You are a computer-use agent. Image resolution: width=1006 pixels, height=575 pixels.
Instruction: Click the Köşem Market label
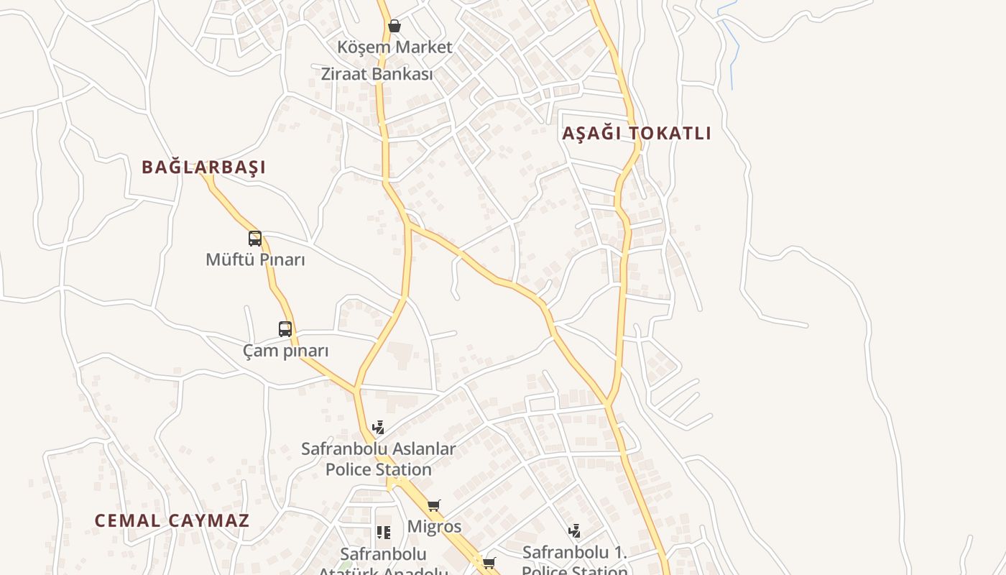pyautogui.click(x=394, y=47)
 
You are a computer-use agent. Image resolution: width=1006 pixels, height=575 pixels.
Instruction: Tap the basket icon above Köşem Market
pyautogui.click(x=394, y=27)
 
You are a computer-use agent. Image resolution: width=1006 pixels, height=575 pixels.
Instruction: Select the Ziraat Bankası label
pyautogui.click(x=377, y=74)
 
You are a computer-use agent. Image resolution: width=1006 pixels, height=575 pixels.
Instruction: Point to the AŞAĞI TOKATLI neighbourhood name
pyautogui.click(x=637, y=134)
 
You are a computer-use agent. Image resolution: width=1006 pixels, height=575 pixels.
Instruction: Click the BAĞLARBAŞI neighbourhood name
pyautogui.click(x=203, y=167)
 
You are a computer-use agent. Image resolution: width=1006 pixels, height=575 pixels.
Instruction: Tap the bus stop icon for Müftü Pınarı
pyautogui.click(x=255, y=239)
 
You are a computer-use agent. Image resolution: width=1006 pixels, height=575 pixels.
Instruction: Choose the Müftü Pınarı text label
pyautogui.click(x=255, y=259)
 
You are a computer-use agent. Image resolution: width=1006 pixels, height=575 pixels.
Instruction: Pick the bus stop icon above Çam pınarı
pyautogui.click(x=285, y=329)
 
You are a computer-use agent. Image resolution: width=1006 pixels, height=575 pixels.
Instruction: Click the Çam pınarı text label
pyautogui.click(x=285, y=351)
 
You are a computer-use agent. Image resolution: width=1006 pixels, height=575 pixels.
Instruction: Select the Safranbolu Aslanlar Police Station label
pyautogui.click(x=378, y=459)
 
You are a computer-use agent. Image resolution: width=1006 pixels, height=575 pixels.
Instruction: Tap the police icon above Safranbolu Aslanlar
pyautogui.click(x=378, y=428)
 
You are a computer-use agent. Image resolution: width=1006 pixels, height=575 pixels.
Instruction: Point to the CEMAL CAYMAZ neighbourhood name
pyautogui.click(x=172, y=521)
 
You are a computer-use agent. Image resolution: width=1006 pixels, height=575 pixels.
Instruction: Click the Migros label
pyautogui.click(x=434, y=526)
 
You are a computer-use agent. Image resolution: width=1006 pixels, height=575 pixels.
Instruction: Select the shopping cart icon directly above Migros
pyautogui.click(x=433, y=506)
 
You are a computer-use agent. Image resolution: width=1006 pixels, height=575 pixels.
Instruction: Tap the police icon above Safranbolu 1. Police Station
pyautogui.click(x=574, y=531)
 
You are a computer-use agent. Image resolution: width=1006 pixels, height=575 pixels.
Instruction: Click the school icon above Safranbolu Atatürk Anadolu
pyautogui.click(x=384, y=533)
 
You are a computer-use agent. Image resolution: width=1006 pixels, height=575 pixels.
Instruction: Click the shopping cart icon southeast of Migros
pyautogui.click(x=489, y=563)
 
